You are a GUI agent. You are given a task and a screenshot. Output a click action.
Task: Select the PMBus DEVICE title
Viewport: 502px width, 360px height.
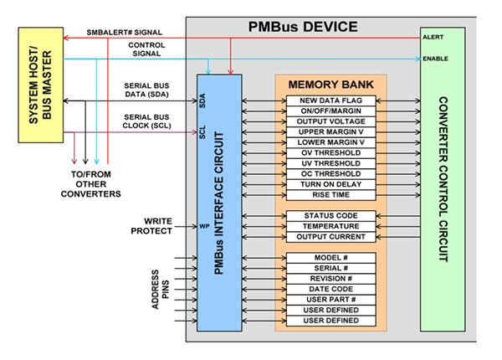pyautogui.click(x=304, y=27)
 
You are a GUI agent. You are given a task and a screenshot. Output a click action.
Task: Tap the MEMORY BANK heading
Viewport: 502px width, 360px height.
pyautogui.click(x=330, y=85)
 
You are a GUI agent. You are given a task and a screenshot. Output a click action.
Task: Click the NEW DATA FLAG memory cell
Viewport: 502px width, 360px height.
pyautogui.click(x=330, y=100)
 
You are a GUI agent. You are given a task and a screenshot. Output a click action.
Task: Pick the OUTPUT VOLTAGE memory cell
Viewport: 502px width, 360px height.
pyautogui.click(x=330, y=121)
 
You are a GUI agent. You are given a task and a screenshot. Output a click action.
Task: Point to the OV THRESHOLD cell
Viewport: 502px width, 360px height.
pyautogui.click(x=330, y=153)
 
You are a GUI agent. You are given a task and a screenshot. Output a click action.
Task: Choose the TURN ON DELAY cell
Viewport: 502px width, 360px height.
pyautogui.click(x=330, y=184)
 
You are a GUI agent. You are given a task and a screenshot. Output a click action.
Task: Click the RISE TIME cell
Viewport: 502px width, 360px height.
pyautogui.click(x=330, y=194)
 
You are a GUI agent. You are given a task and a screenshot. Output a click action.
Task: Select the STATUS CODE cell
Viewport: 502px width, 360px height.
pyautogui.click(x=330, y=216)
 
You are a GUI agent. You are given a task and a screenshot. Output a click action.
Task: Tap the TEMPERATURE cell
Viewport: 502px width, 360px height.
pyautogui.click(x=330, y=226)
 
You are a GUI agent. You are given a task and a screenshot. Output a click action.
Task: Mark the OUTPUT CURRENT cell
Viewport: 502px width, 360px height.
pyautogui.click(x=330, y=237)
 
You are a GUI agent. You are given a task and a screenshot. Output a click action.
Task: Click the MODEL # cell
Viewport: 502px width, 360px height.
pyautogui.click(x=330, y=256)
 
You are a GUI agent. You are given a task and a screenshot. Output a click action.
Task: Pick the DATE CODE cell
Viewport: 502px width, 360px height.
pyautogui.click(x=330, y=288)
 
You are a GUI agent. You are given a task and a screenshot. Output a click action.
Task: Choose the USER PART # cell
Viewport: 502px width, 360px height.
pyautogui.click(x=330, y=299)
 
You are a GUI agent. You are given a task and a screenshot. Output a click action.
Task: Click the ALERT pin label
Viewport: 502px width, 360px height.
pyautogui.click(x=434, y=37)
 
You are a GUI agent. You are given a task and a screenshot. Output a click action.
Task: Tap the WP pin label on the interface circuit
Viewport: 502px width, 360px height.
pyautogui.click(x=203, y=226)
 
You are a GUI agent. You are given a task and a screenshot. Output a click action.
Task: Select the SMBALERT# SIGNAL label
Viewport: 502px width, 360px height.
pyautogui.click(x=125, y=32)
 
